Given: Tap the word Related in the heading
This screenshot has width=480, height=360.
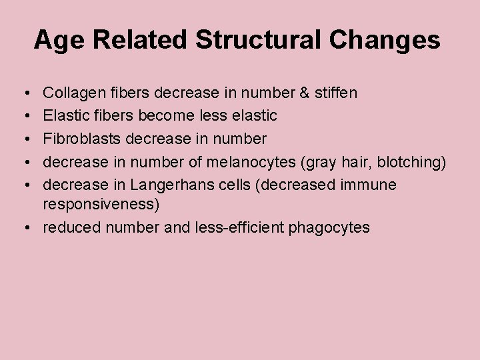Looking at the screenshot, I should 141,40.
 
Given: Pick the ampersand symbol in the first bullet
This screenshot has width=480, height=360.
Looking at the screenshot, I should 304,93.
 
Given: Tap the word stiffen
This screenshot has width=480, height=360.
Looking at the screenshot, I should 336,93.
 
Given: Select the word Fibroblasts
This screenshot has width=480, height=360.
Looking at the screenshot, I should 81,139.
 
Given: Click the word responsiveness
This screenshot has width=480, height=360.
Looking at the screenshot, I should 101,204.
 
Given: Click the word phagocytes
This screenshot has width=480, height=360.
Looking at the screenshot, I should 329,228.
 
